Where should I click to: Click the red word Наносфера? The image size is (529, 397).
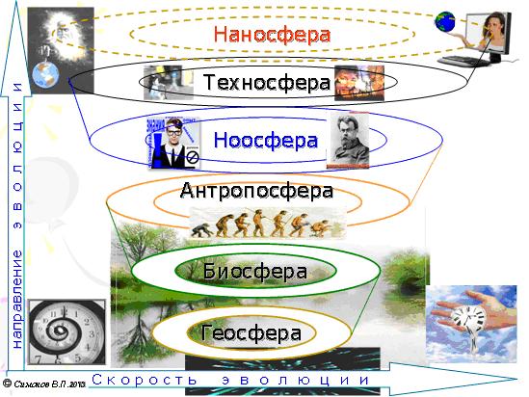tap(272, 35)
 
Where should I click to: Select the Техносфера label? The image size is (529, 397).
tap(267, 82)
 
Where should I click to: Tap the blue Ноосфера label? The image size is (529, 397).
tap(266, 140)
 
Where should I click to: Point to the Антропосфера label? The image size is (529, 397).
tap(256, 191)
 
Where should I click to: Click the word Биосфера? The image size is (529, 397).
tap(255, 271)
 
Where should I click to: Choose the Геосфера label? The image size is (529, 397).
tap(251, 332)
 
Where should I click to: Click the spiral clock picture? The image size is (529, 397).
tap(66, 331)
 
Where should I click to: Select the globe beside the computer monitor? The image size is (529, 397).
tap(445, 22)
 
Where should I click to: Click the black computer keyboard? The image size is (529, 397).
tap(463, 61)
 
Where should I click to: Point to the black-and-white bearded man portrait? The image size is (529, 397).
tap(349, 141)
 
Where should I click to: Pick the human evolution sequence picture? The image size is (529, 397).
tap(268, 223)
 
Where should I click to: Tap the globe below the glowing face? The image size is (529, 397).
tap(45, 75)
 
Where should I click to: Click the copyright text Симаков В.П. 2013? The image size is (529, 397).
tap(44, 384)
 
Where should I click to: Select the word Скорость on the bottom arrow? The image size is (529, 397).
tap(145, 380)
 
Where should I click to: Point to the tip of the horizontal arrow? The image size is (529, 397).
tap(517, 379)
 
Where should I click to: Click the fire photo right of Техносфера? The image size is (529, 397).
tap(359, 83)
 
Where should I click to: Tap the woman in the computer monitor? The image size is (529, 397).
tap(492, 32)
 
